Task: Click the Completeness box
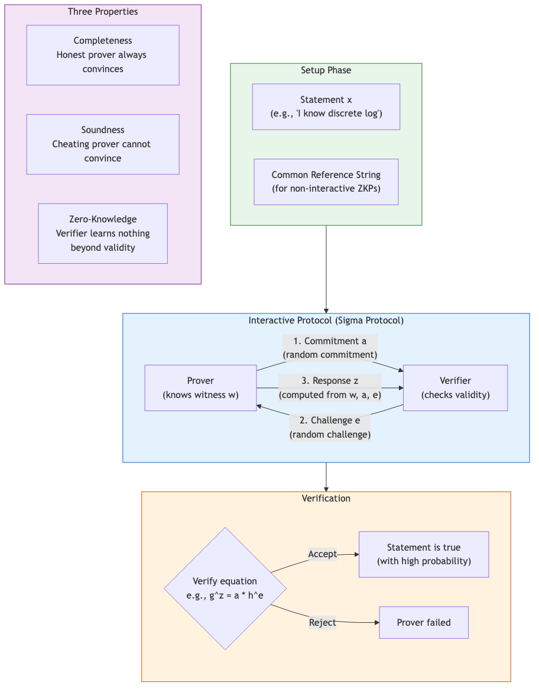103,55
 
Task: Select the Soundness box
103,144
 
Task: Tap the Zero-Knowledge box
103,234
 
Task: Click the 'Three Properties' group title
103,12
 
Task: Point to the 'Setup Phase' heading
326,70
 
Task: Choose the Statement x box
326,106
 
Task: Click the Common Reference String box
326,182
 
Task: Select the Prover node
200,388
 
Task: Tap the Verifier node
455,388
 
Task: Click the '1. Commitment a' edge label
330,348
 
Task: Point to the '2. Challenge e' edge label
330,428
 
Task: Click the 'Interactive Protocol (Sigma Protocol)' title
326,321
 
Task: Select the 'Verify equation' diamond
225,588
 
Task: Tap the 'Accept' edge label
322,554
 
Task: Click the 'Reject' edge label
322,622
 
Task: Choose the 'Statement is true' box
424,554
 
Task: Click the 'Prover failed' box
424,622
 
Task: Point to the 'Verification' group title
326,499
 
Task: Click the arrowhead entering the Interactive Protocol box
326,310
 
